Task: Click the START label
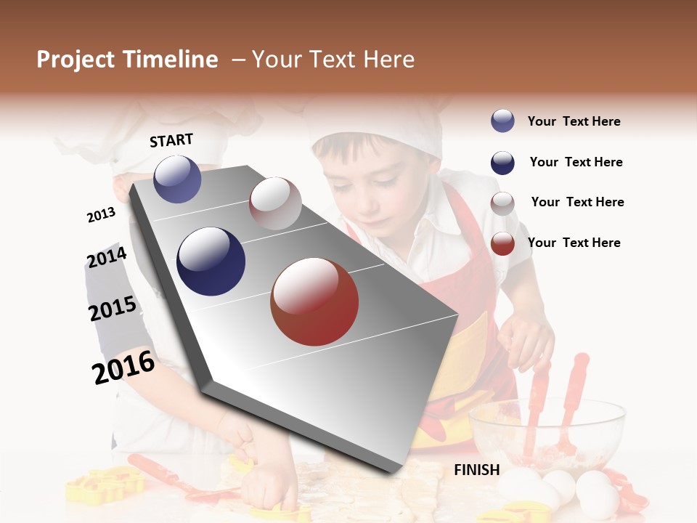coord(171,140)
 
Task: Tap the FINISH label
coord(476,470)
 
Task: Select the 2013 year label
coord(101,215)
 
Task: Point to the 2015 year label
coord(113,309)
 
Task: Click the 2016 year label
coord(123,368)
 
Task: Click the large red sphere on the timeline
coord(314,301)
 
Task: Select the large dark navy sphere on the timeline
coord(211,261)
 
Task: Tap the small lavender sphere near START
coord(177,179)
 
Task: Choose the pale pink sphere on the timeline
coord(275,203)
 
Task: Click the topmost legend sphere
coord(502,121)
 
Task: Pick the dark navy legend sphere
coord(502,163)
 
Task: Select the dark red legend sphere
coord(502,243)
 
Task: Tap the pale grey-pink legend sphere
coord(502,203)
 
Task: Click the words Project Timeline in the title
coord(127,60)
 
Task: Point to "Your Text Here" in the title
coord(333,60)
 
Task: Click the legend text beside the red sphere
coord(574,243)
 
